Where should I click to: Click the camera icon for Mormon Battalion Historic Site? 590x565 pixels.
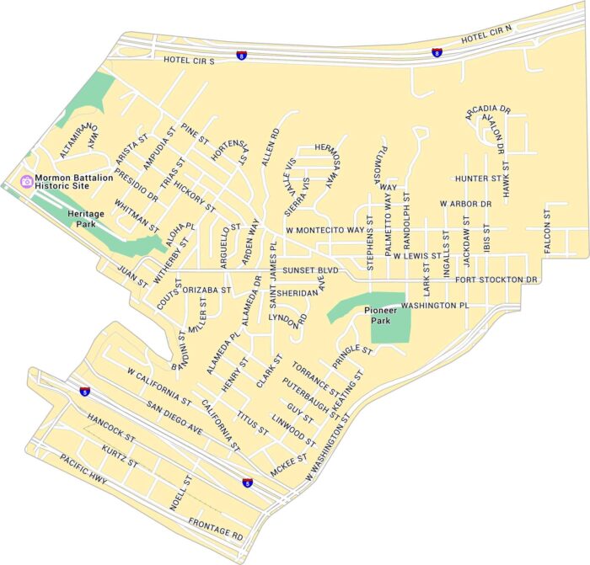click(27, 181)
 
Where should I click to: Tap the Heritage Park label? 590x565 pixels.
click(84, 220)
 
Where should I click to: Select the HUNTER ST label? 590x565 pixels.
click(478, 179)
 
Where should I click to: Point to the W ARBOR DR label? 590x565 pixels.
click(465, 204)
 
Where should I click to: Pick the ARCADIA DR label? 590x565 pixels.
click(488, 109)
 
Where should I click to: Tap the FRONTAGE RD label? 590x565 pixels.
click(216, 528)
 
